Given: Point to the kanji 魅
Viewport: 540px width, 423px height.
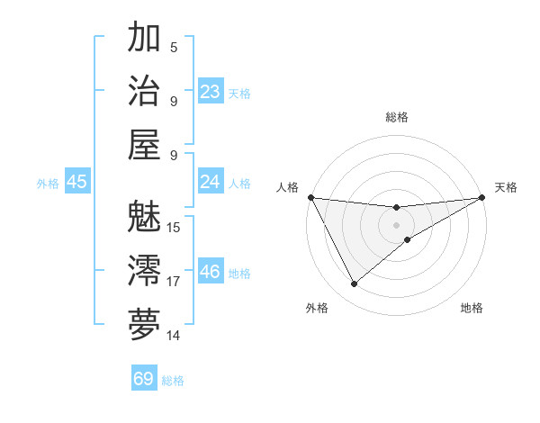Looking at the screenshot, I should pyautogui.click(x=144, y=217).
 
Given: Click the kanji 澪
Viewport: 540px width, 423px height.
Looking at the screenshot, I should pyautogui.click(x=144, y=271).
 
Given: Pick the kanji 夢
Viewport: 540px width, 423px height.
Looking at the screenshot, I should pyautogui.click(x=144, y=324).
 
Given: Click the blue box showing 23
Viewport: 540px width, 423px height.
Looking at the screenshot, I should pyautogui.click(x=211, y=91).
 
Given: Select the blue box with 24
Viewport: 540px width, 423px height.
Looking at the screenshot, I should pyautogui.click(x=211, y=182).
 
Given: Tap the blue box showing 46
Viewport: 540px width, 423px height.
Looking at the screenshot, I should pyautogui.click(x=211, y=271).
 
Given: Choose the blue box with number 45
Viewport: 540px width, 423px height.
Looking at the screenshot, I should pyautogui.click(x=77, y=182).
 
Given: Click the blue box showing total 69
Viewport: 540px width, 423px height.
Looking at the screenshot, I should pyautogui.click(x=144, y=378).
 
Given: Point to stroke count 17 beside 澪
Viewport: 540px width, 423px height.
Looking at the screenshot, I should pyautogui.click(x=174, y=282).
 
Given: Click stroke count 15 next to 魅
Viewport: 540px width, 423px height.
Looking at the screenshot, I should pyautogui.click(x=174, y=227).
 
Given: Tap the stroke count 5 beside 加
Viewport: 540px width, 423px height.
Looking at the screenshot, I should pyautogui.click(x=174, y=48).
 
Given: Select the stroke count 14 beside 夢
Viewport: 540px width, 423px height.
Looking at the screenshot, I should pyautogui.click(x=174, y=336).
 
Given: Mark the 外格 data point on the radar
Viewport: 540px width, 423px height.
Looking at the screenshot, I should pyautogui.click(x=354, y=284).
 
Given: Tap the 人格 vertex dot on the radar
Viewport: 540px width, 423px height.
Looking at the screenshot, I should pyautogui.click(x=310, y=198).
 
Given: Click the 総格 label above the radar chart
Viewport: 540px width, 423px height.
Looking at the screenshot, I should pyautogui.click(x=397, y=117).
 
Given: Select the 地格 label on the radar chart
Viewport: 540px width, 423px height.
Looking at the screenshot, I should pyautogui.click(x=472, y=308).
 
